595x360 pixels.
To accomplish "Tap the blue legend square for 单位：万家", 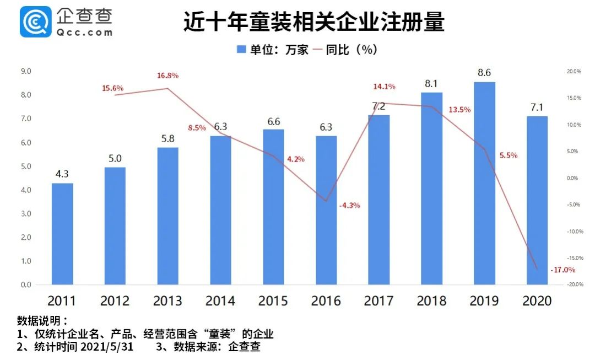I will (x=241, y=50).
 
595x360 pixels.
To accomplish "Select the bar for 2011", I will (x=62, y=234).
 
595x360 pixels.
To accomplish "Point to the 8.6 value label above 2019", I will (x=484, y=73).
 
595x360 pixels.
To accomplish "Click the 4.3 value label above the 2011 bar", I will (x=62, y=174).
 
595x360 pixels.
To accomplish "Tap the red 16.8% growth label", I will (x=167, y=76).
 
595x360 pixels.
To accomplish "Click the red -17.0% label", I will (x=562, y=270).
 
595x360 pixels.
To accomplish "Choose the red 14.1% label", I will (x=384, y=87).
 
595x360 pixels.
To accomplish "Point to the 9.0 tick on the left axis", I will (x=26, y=71).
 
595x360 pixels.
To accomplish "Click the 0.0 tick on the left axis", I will (x=26, y=285).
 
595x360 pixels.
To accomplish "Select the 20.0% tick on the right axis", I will (x=574, y=71).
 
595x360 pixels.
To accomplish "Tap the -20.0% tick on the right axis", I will (x=574, y=285).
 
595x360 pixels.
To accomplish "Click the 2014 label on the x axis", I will (x=220, y=301).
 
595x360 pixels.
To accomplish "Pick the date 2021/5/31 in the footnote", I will (x=106, y=347).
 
